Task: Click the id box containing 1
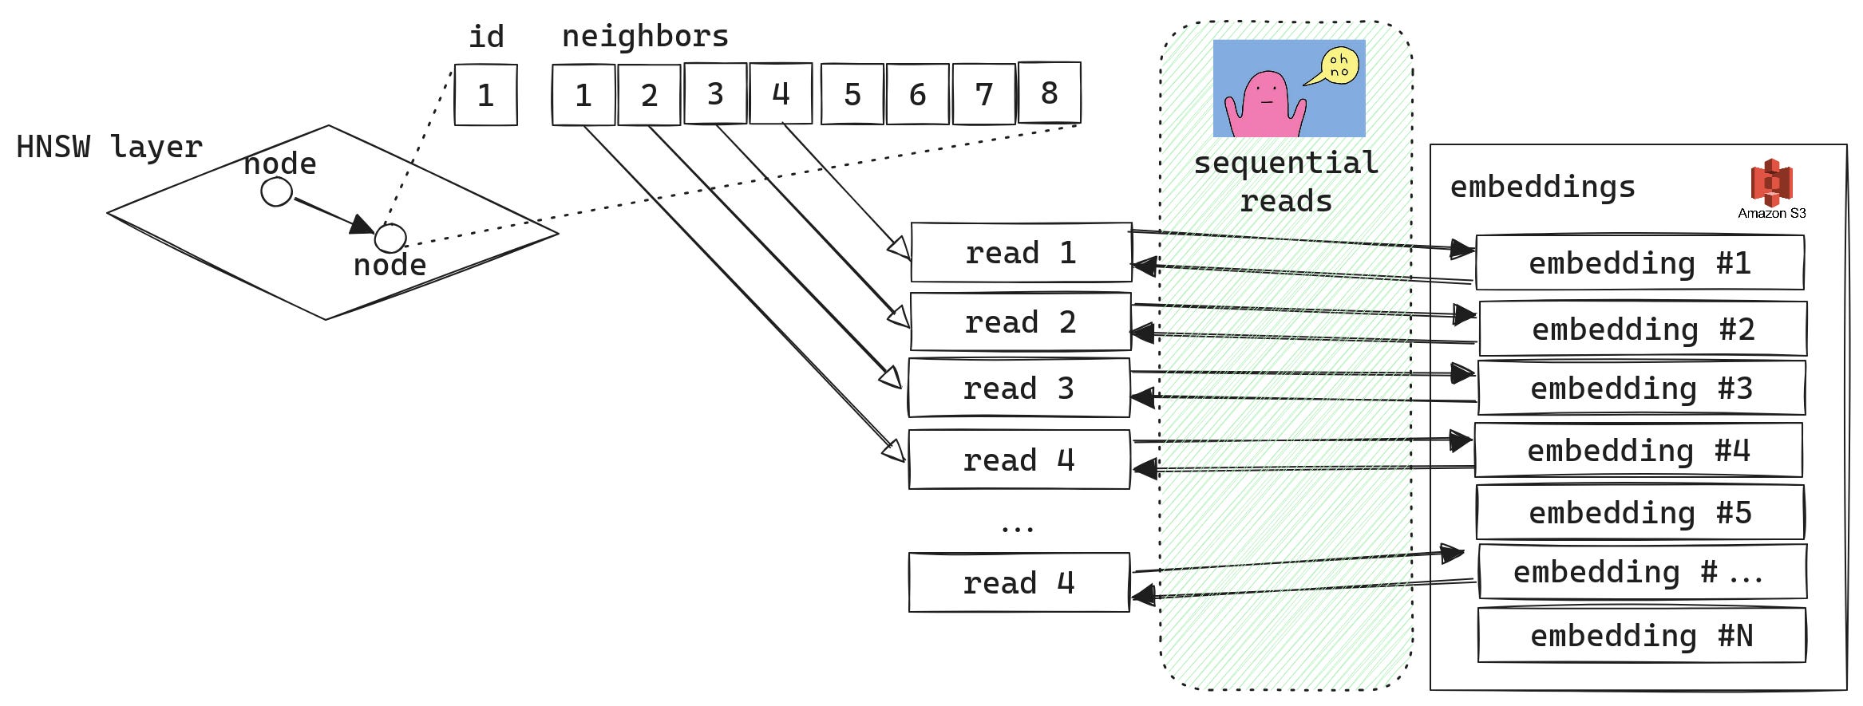tap(485, 95)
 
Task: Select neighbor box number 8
tap(1049, 93)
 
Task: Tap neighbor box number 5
tap(852, 95)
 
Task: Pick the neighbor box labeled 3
tap(715, 93)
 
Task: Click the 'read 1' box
tap(1021, 253)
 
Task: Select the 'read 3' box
tap(1019, 388)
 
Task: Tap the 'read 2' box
tap(1020, 322)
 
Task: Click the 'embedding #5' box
tap(1640, 512)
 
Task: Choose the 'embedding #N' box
tap(1641, 636)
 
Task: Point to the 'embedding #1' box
tap(1640, 263)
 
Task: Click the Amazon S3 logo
tap(1771, 183)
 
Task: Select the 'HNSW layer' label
tap(109, 147)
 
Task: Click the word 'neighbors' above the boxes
tap(645, 37)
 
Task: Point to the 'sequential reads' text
tap(1286, 182)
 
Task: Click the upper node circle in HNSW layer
tap(276, 192)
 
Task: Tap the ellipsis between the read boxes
tap(1017, 527)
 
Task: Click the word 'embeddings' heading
tap(1542, 187)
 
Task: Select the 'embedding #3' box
tap(1641, 388)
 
